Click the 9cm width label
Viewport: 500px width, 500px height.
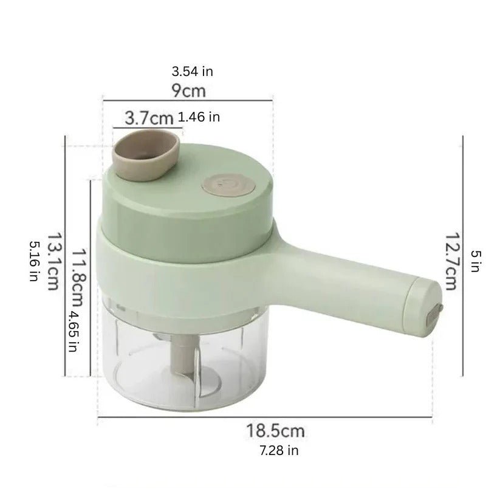pyautogui.click(x=189, y=91)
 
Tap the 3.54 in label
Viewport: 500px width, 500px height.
pyautogui.click(x=192, y=72)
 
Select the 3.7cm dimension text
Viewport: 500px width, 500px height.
pyautogui.click(x=149, y=118)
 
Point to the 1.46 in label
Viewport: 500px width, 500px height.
pyautogui.click(x=199, y=117)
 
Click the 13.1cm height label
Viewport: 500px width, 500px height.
pyautogui.click(x=54, y=261)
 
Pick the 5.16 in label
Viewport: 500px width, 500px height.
pyautogui.click(x=34, y=261)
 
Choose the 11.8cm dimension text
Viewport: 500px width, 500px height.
pyautogui.click(x=78, y=277)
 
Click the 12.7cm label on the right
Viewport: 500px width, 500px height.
pyautogui.click(x=451, y=261)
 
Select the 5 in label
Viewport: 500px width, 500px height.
pyautogui.click(x=475, y=261)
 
